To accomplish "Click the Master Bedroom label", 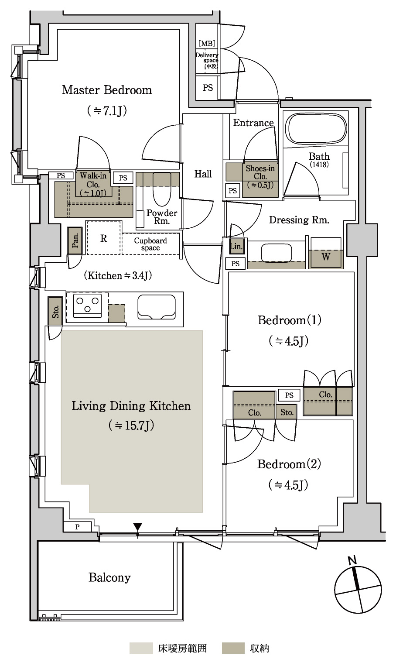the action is tap(107, 90).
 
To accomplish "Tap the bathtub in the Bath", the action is tap(316, 129).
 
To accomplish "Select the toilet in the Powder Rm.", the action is tap(162, 189).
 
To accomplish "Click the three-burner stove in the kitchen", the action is tap(87, 305).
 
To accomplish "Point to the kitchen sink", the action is tap(157, 307).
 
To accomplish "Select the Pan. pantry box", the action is tap(75, 240).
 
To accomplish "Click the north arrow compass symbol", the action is tap(358, 590).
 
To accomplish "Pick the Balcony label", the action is tap(109, 577).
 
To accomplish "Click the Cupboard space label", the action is tap(150, 244).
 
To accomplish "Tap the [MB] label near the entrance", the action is tap(207, 43).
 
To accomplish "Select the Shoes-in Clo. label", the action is tap(260, 177).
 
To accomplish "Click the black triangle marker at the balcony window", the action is tap(137, 526).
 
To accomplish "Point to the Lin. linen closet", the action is tap(236, 246).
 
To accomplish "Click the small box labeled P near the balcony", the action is tap(77, 527).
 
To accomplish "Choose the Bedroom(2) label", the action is tap(289, 464).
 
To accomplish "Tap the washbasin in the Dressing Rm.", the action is tap(277, 253).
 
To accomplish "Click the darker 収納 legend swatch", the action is tap(233, 648).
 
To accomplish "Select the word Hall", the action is tap(203, 174).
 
